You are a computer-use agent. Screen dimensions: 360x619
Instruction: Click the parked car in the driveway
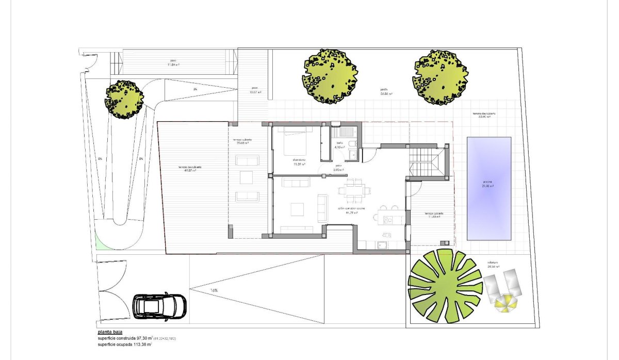tap(159, 306)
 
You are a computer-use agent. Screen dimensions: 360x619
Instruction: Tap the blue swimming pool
tap(488, 188)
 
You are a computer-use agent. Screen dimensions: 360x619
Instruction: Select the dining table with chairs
tap(353, 190)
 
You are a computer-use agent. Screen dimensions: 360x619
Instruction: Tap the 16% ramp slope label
tap(214, 290)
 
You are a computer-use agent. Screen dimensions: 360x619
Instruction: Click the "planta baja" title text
tap(109, 332)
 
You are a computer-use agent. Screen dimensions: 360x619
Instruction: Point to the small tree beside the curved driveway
tap(124, 98)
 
